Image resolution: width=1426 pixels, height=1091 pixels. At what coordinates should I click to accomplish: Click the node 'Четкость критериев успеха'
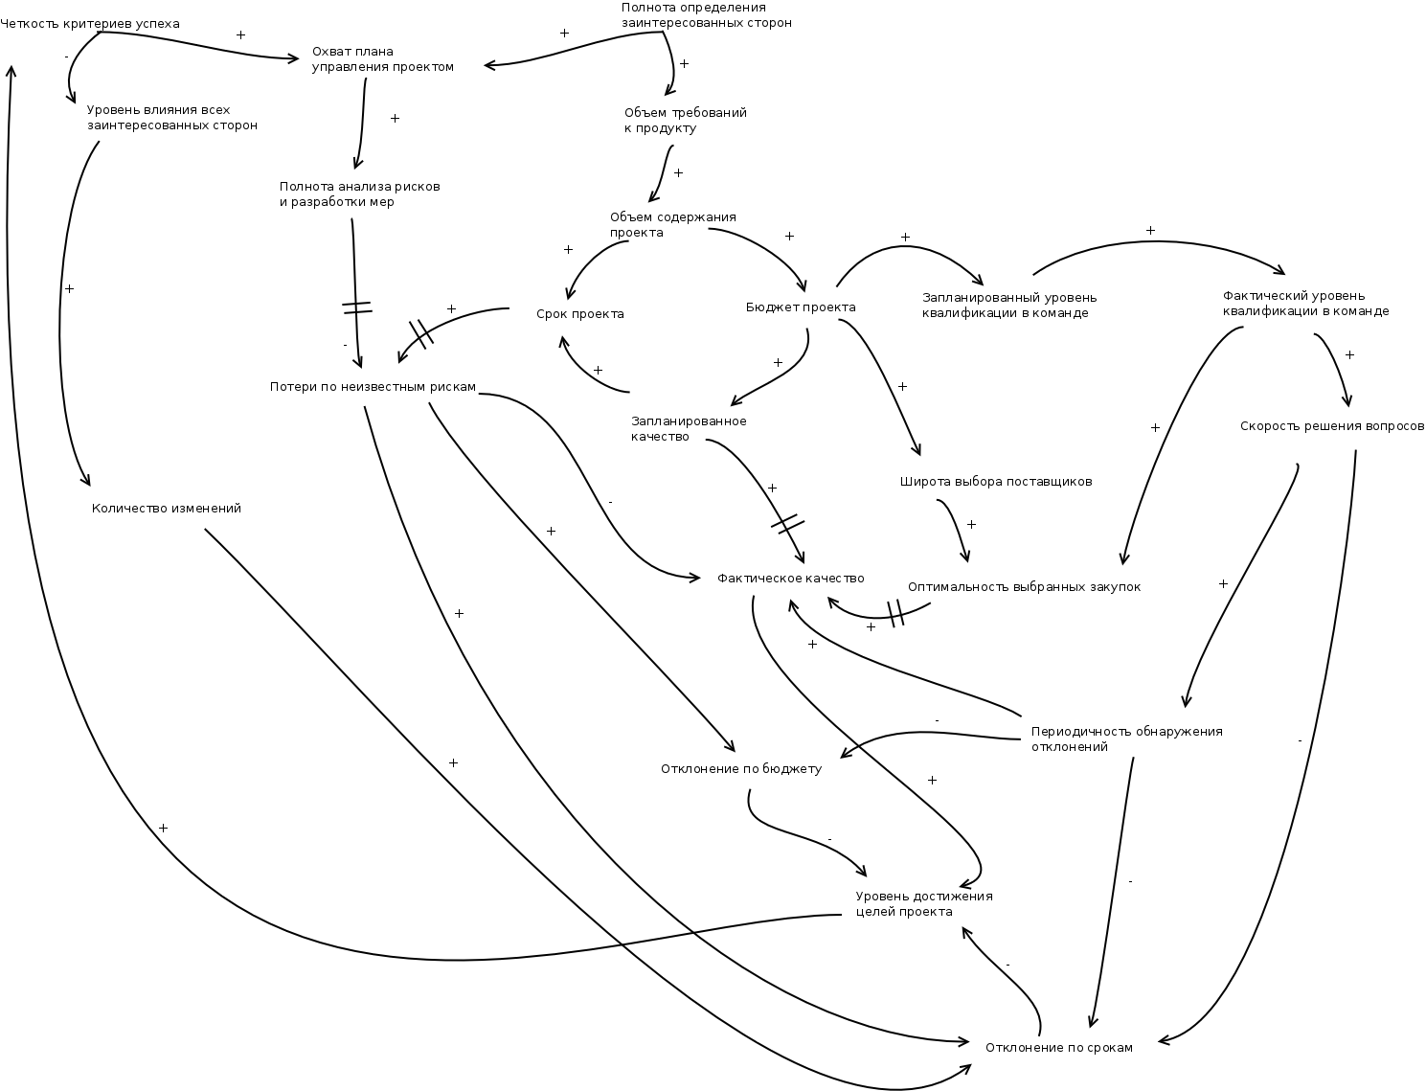[90, 23]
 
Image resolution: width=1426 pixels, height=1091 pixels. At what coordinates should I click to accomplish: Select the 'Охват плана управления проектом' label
[382, 59]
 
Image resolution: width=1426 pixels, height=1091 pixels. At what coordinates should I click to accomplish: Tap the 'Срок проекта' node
[579, 314]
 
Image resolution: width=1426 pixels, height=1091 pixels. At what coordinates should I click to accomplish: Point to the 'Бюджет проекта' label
[800, 307]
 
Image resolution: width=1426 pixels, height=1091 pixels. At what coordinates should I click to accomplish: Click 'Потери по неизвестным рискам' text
[373, 387]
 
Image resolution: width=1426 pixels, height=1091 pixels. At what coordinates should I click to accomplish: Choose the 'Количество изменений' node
[166, 509]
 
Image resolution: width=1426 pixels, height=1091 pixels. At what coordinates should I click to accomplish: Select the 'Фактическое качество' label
[790, 579]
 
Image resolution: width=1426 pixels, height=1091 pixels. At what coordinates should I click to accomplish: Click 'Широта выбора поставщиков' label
[996, 482]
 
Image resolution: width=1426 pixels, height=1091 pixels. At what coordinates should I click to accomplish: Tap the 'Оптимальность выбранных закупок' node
[1024, 587]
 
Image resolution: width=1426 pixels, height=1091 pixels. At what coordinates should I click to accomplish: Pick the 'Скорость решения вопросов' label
[1331, 426]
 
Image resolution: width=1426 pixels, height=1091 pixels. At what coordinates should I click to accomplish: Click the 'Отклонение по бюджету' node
[740, 769]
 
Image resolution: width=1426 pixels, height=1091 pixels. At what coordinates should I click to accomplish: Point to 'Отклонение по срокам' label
[1058, 1048]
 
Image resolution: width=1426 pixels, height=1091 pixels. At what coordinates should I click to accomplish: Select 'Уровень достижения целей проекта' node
[923, 904]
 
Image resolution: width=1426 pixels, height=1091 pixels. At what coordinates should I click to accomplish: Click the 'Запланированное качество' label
[689, 428]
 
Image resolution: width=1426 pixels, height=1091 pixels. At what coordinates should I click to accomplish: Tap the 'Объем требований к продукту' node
[685, 121]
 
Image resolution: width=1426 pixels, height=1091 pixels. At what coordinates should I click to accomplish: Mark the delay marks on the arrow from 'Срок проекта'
[421, 333]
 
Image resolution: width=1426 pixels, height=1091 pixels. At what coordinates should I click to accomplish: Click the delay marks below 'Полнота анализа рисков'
[356, 308]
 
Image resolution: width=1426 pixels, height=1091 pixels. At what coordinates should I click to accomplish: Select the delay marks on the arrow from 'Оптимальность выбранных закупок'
[895, 613]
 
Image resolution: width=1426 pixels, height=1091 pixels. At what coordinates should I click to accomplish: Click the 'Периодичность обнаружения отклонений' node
[1126, 739]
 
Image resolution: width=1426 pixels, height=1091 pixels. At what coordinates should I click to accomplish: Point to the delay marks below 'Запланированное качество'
[787, 524]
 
